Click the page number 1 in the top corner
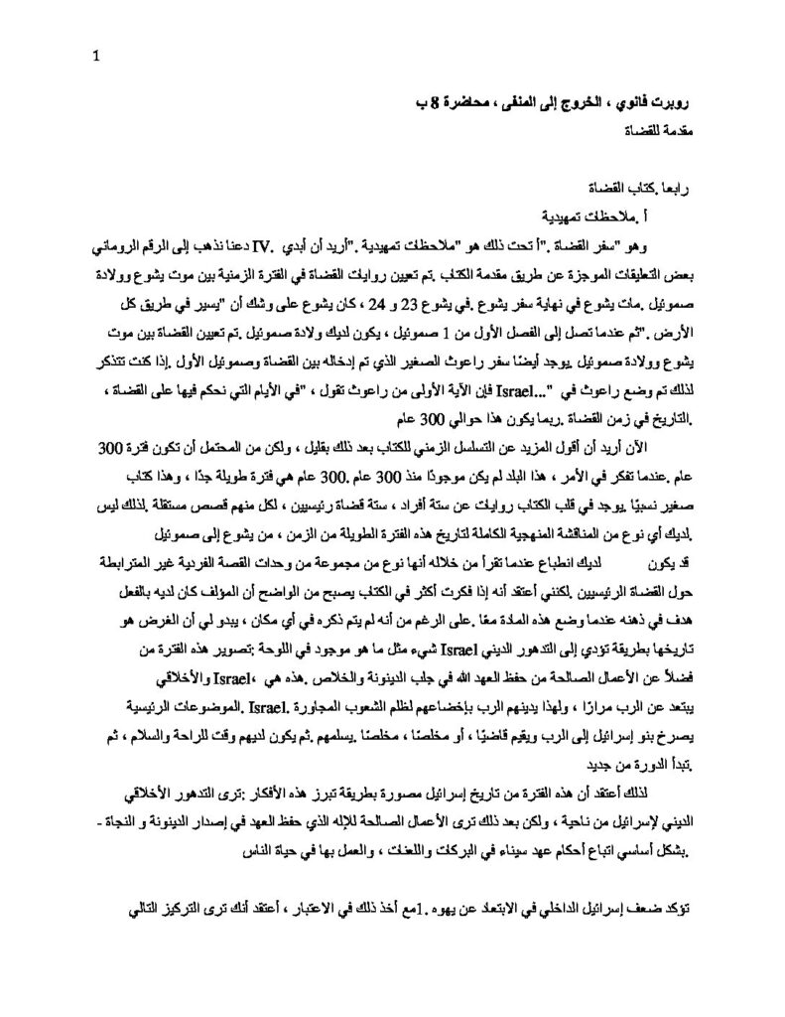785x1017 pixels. click(x=96, y=56)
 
